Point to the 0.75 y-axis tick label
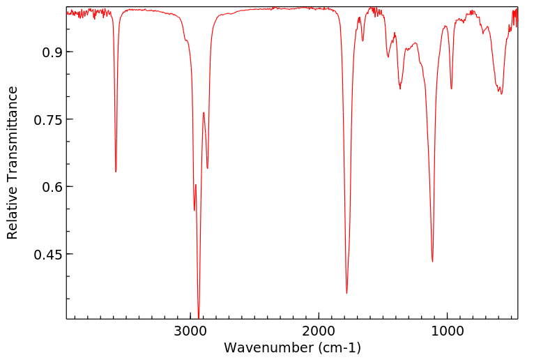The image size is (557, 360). point(47,120)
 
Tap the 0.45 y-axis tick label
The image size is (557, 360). point(47,255)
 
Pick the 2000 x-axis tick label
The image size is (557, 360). point(319,331)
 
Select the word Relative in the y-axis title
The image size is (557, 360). point(13,213)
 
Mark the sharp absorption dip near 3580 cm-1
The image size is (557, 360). point(116,172)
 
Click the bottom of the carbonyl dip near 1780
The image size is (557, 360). point(346,293)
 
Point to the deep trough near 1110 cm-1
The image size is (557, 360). point(433,262)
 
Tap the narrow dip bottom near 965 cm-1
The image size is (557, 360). point(451,89)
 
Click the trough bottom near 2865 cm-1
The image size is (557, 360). point(207,168)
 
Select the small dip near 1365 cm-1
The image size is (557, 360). point(400,89)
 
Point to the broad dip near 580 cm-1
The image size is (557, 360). point(501,93)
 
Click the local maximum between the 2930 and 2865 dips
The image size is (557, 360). point(204,112)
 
